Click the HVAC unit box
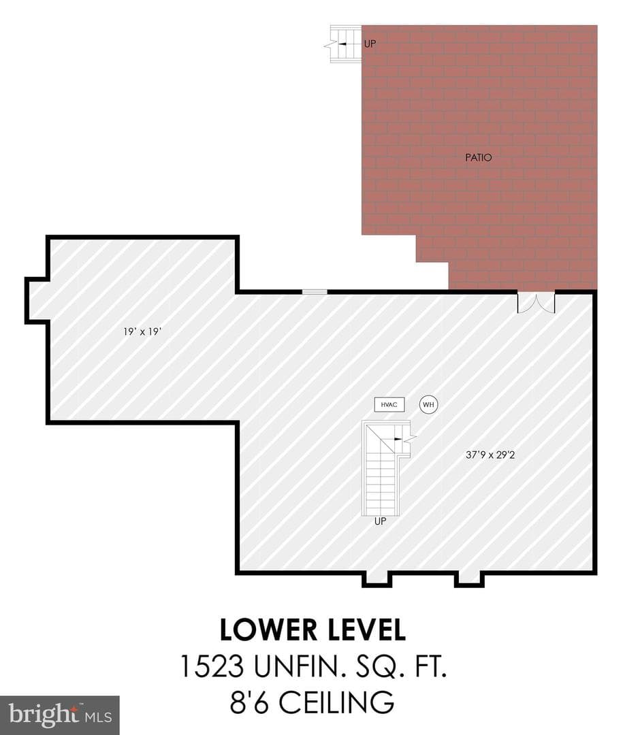[389, 404]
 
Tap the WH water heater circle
[428, 404]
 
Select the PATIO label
[479, 157]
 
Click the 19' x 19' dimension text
[142, 331]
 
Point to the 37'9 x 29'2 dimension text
[490, 455]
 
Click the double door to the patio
[537, 302]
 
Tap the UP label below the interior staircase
[380, 521]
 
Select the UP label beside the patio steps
[370, 44]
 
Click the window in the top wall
[315, 291]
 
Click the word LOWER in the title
[268, 630]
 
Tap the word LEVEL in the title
[366, 630]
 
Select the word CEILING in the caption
[336, 702]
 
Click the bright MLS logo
[60, 715]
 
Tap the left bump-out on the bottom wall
[377, 580]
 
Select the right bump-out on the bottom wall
[469, 580]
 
